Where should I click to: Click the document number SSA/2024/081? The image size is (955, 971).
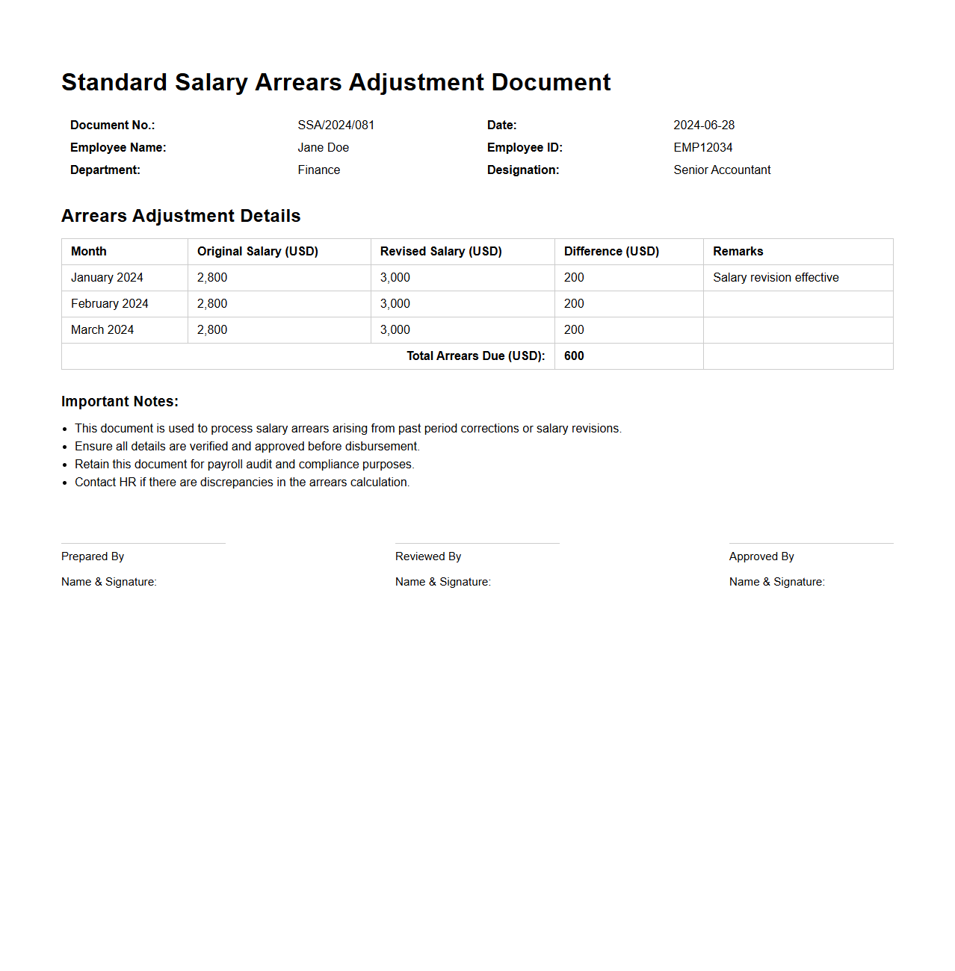pos(336,125)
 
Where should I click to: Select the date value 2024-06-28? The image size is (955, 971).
pos(704,125)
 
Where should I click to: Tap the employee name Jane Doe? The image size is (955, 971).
pos(323,148)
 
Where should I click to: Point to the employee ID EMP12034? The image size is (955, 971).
pos(702,148)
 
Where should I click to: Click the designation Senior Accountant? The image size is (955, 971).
pos(722,170)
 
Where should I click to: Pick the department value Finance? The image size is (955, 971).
pos(318,170)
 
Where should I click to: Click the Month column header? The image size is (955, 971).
pos(89,252)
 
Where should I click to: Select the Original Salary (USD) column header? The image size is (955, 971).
pos(257,252)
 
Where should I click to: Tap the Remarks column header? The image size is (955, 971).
pos(738,252)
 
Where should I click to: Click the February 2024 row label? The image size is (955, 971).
pos(110,304)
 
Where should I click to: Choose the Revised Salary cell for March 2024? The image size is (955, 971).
pos(395,330)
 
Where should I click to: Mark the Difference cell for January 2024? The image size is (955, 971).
pos(574,278)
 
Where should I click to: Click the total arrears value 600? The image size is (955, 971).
pos(574,356)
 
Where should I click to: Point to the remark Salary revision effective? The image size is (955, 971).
pos(776,278)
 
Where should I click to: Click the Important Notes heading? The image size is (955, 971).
pos(120,402)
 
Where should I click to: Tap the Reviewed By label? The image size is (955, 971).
pos(428,556)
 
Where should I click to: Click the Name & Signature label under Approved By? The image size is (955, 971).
pos(776,582)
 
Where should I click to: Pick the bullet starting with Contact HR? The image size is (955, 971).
pos(242,483)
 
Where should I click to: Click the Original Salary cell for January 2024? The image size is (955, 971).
pos(212,278)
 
